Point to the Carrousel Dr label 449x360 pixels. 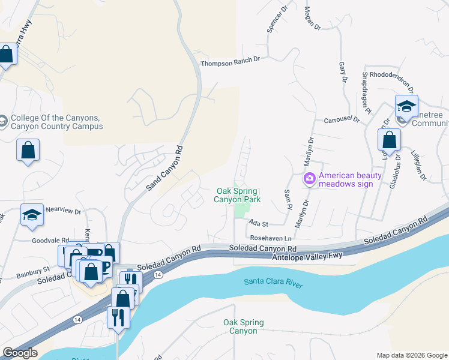[342, 119]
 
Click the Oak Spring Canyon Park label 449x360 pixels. [238, 194]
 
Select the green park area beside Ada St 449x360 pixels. [241, 209]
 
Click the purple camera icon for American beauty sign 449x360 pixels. [309, 179]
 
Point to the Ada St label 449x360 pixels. [259, 222]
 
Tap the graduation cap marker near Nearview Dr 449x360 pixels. [32, 216]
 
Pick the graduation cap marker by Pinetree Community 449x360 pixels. [406, 107]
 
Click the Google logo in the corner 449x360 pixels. [19, 353]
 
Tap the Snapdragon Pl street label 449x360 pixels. [365, 92]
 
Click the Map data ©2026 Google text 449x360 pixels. [412, 355]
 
